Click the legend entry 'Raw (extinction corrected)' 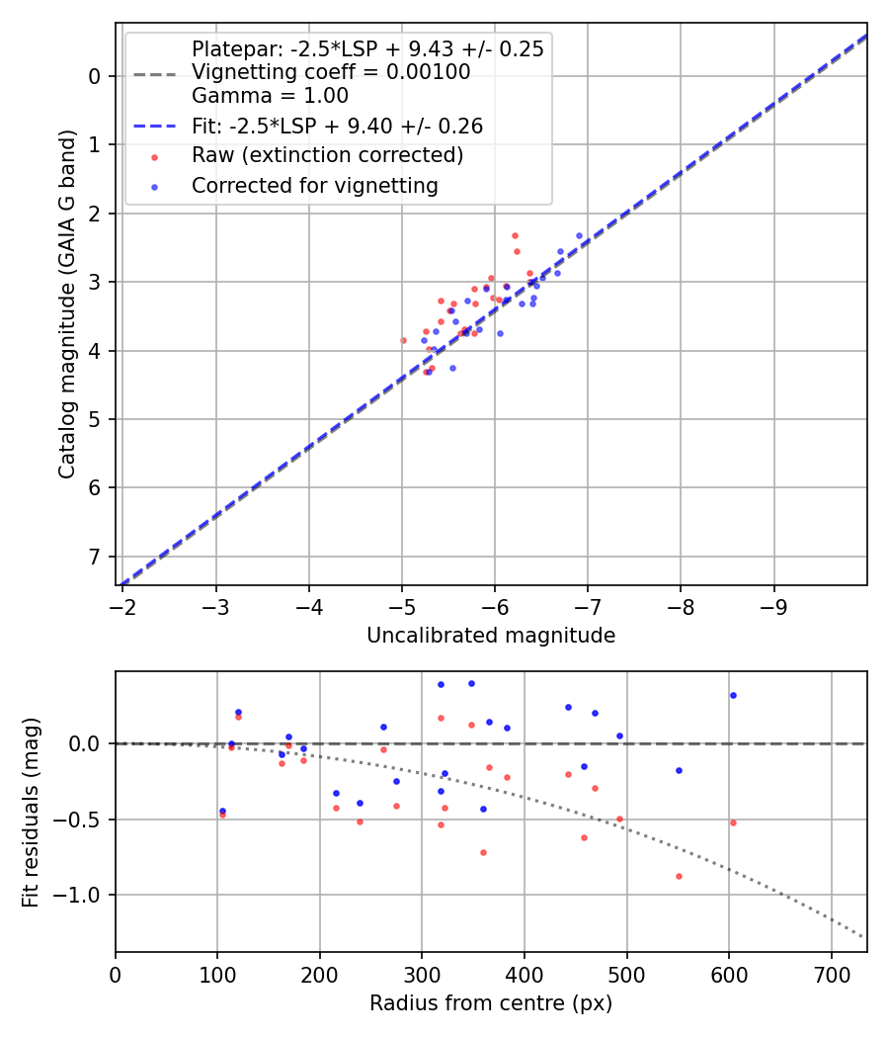click(327, 155)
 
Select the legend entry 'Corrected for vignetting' click(314, 185)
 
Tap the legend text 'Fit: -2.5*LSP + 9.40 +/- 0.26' click(337, 127)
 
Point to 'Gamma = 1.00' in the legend click(270, 97)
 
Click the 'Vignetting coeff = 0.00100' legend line click(331, 72)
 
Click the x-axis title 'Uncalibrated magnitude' click(491, 636)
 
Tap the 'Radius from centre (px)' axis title click(491, 1003)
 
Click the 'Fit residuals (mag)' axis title click(31, 812)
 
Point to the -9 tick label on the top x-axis click(773, 606)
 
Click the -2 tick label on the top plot click(123, 606)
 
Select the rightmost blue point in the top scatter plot click(579, 236)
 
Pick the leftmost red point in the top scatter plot click(403, 340)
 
